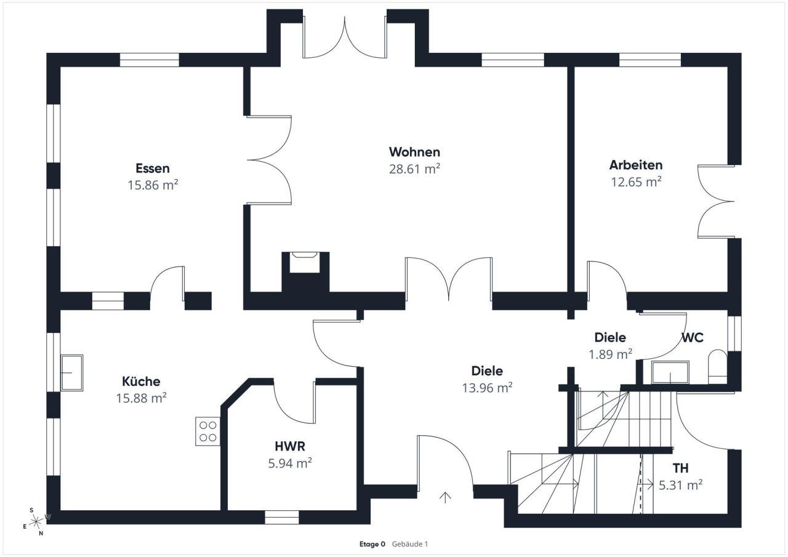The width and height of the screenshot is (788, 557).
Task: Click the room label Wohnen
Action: click(x=414, y=152)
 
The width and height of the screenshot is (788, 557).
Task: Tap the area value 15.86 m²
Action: click(x=153, y=185)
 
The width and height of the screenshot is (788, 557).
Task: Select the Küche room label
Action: click(x=141, y=382)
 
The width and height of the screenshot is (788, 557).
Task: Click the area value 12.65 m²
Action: click(x=636, y=182)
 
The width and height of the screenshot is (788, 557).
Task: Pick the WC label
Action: click(x=693, y=337)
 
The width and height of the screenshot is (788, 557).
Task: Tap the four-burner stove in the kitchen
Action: click(x=208, y=431)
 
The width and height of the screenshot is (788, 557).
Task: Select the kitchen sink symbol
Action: click(x=72, y=372)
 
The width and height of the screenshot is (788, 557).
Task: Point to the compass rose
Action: click(x=36, y=522)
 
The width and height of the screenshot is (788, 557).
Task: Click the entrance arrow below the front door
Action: click(x=445, y=497)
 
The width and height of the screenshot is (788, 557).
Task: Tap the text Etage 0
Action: click(x=372, y=544)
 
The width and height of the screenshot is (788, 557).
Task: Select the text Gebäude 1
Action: click(x=409, y=544)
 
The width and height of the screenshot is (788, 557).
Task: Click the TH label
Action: click(x=680, y=468)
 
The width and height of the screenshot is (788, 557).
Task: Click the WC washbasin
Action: click(x=670, y=372)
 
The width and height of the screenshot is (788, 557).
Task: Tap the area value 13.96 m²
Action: click(x=487, y=388)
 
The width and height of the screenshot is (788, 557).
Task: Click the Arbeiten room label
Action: click(x=636, y=165)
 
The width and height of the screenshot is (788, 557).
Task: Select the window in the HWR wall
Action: click(x=282, y=517)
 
